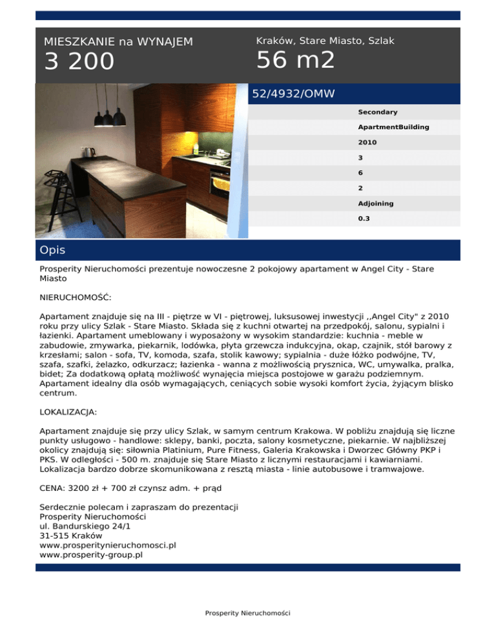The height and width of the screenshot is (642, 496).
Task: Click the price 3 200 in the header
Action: click(79, 62)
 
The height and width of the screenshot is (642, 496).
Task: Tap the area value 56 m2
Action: click(295, 60)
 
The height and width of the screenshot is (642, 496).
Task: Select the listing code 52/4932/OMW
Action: click(293, 94)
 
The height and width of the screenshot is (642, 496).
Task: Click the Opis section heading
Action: click(52, 250)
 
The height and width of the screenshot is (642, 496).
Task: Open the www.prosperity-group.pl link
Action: click(91, 554)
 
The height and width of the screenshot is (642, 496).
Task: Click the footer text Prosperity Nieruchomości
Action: click(247, 612)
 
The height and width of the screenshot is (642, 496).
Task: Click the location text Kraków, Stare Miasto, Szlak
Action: click(325, 41)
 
